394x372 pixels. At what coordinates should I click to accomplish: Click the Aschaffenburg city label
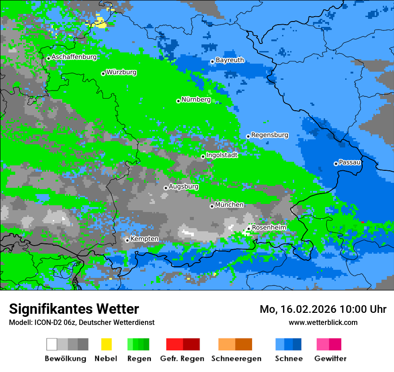pos(74,57)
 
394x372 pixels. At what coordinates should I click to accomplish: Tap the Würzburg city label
pos(121,72)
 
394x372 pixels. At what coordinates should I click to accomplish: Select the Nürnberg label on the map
pos(196,99)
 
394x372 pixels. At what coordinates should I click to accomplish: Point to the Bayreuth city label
pos(230,60)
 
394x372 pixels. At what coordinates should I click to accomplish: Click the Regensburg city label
pos(270,135)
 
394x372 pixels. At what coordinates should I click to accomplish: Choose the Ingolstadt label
pos(222,155)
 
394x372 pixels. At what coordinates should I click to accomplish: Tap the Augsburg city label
pos(183,186)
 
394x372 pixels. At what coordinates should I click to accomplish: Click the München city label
pos(229,205)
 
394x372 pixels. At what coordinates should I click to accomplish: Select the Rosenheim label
pos(269,228)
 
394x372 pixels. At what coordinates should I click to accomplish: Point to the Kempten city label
pos(144,239)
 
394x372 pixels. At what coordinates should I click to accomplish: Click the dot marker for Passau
pos(336,164)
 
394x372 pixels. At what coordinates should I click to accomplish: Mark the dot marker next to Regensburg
pos(248,136)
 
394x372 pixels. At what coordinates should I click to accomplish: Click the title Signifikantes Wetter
pos(74,309)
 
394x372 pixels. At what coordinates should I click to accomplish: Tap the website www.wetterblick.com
pos(323,323)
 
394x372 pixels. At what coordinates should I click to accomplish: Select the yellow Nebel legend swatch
pos(106,344)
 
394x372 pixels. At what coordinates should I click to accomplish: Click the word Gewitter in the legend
pos(330,359)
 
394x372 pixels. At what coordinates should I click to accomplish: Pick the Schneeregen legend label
pos(236,359)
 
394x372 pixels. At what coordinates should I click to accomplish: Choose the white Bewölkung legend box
pos(52,344)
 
